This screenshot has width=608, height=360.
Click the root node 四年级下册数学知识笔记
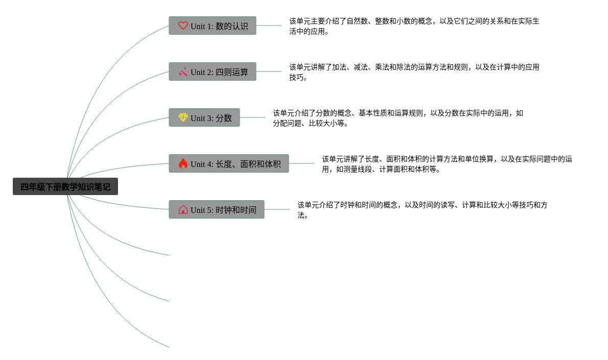tap(65, 186)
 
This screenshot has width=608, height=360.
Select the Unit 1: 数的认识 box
tap(213, 26)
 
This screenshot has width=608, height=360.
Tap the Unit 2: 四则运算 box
tap(213, 71)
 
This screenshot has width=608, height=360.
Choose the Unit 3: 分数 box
tap(204, 117)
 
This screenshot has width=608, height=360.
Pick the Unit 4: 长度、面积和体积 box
tap(229, 163)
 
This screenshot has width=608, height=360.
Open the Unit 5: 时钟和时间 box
tap(217, 209)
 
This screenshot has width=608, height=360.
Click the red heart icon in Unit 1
tap(183, 26)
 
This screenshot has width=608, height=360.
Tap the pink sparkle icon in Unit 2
tap(183, 71)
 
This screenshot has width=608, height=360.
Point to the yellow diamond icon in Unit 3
tap(183, 117)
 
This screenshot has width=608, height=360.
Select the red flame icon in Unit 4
tap(183, 163)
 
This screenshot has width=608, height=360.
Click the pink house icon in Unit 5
tap(183, 209)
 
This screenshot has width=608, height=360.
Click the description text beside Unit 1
tap(414, 26)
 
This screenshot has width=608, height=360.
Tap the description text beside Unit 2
tap(414, 72)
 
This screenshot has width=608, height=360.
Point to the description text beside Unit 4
tap(447, 164)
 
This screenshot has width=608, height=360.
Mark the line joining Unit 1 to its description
tap(269, 26)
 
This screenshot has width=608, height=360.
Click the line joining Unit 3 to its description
tap(252, 117)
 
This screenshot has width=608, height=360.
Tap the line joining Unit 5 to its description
tap(277, 209)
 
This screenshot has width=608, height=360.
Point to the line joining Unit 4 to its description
tap(301, 163)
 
